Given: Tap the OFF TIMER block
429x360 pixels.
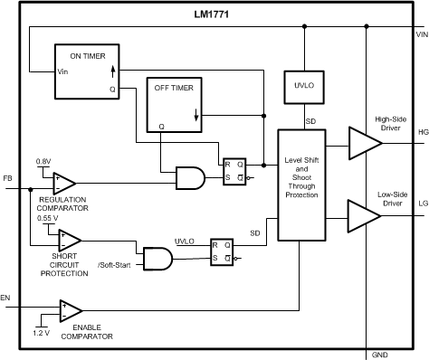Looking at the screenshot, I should (177, 105).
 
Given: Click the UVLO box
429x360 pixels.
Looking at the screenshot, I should (303, 86).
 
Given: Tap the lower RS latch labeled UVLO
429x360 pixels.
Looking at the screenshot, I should (222, 251).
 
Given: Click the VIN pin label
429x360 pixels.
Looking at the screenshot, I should (421, 34).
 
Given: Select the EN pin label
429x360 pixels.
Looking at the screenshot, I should (7, 296).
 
